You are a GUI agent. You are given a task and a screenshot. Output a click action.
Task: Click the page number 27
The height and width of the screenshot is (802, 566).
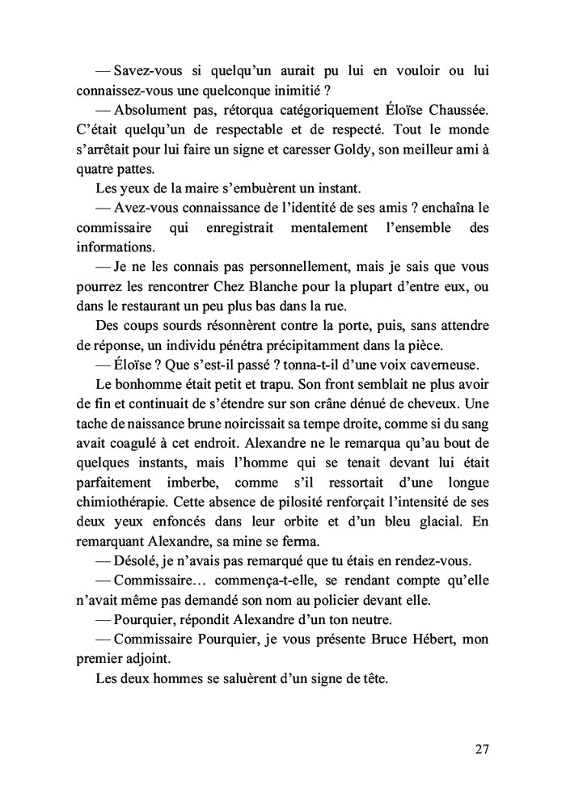(x=481, y=749)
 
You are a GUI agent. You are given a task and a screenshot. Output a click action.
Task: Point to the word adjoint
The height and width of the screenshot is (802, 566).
(x=145, y=658)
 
